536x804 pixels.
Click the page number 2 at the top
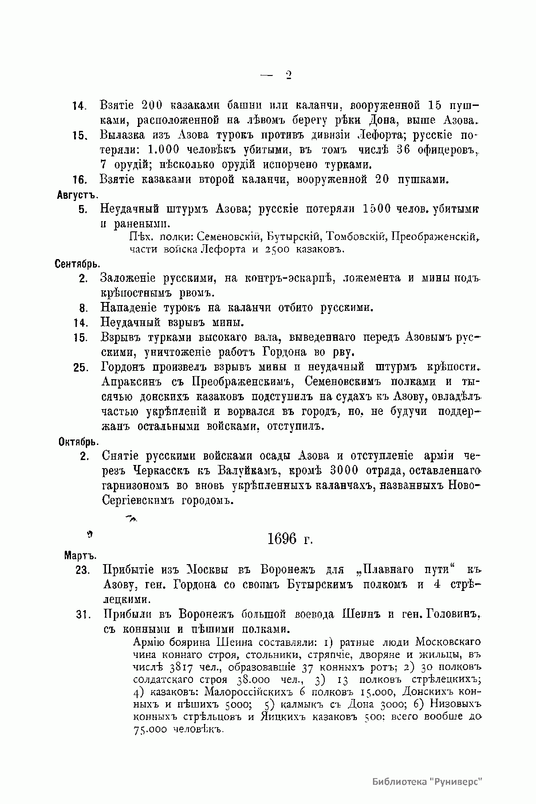pos(288,75)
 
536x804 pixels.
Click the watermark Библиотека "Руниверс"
pos(428,782)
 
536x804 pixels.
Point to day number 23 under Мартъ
pos(83,570)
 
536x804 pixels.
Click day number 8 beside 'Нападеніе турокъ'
pos(82,308)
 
